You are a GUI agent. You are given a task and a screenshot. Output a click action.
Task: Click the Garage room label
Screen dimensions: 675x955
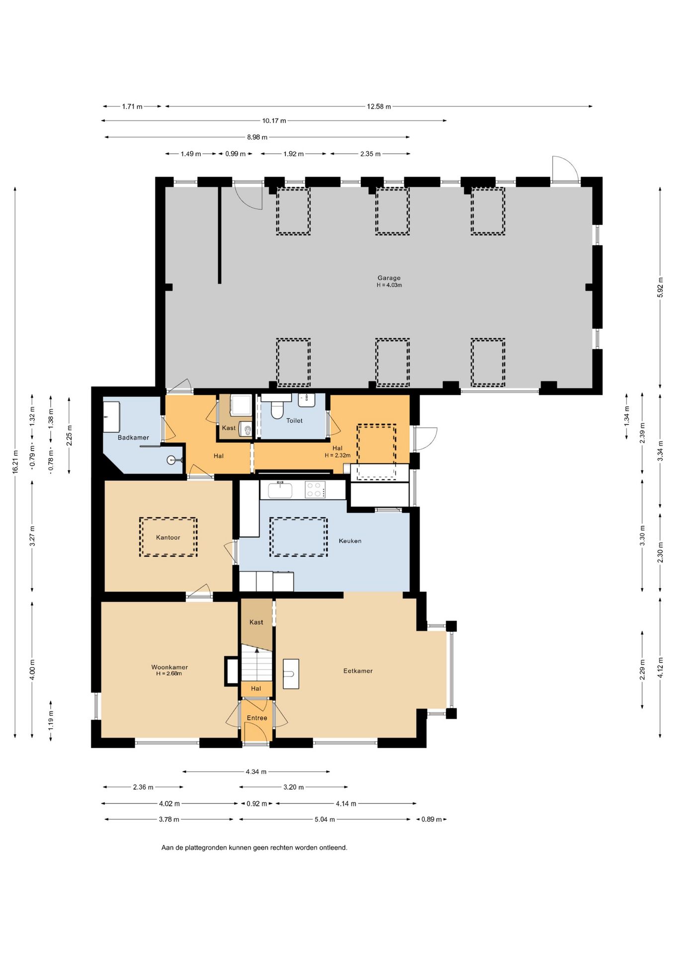(x=389, y=278)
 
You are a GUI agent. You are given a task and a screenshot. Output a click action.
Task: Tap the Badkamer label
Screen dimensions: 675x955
(x=133, y=438)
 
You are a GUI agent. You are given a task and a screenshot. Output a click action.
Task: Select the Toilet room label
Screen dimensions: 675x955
(x=294, y=421)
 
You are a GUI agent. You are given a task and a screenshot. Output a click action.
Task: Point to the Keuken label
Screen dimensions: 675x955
(x=350, y=541)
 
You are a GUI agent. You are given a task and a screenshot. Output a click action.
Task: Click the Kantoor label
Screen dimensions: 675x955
(x=168, y=538)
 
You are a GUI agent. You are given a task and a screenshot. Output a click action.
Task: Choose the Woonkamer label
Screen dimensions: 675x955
(x=169, y=668)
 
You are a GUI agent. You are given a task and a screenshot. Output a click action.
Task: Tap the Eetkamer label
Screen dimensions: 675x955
(x=358, y=671)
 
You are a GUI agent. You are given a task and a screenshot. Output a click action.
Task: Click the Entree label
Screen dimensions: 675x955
(x=257, y=718)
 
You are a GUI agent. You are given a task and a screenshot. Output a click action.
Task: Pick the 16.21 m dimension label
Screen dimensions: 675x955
(x=15, y=462)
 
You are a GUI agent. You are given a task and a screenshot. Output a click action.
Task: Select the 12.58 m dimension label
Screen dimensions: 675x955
(x=379, y=106)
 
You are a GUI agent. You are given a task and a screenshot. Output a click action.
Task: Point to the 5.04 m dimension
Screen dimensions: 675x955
(x=325, y=819)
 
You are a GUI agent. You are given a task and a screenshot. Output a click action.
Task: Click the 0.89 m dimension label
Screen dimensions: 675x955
(x=431, y=819)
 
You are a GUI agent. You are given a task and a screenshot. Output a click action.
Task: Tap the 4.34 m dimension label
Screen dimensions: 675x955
(x=256, y=772)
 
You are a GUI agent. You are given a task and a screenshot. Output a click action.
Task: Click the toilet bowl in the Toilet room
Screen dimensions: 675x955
(x=277, y=410)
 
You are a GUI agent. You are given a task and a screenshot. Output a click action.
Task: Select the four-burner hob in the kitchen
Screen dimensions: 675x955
(x=315, y=489)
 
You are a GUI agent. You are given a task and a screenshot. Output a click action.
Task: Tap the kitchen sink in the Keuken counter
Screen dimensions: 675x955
(x=280, y=490)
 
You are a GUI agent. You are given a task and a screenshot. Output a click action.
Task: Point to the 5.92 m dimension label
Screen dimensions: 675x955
(x=660, y=287)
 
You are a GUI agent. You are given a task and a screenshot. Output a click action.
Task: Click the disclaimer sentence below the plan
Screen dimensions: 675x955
(x=254, y=848)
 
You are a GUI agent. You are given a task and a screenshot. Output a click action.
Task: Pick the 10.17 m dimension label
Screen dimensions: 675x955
(x=274, y=121)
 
